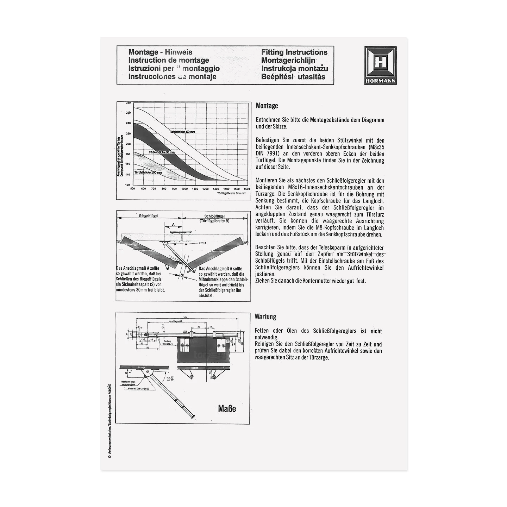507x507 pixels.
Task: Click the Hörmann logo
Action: click(x=380, y=65)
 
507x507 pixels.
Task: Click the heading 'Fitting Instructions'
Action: click(x=294, y=52)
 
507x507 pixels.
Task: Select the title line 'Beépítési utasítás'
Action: click(x=293, y=77)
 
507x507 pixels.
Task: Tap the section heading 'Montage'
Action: click(x=267, y=106)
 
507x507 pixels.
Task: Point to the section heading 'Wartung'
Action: click(x=265, y=317)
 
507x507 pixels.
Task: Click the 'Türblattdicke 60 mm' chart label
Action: click(x=182, y=132)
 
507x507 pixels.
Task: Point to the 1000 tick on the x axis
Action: click(x=184, y=189)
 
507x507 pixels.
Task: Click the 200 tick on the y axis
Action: click(x=128, y=144)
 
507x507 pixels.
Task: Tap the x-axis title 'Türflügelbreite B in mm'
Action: click(x=232, y=193)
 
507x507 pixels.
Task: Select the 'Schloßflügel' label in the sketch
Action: click(x=214, y=216)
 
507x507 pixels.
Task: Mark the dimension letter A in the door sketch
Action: click(x=173, y=224)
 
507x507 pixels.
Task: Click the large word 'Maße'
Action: click(x=227, y=409)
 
